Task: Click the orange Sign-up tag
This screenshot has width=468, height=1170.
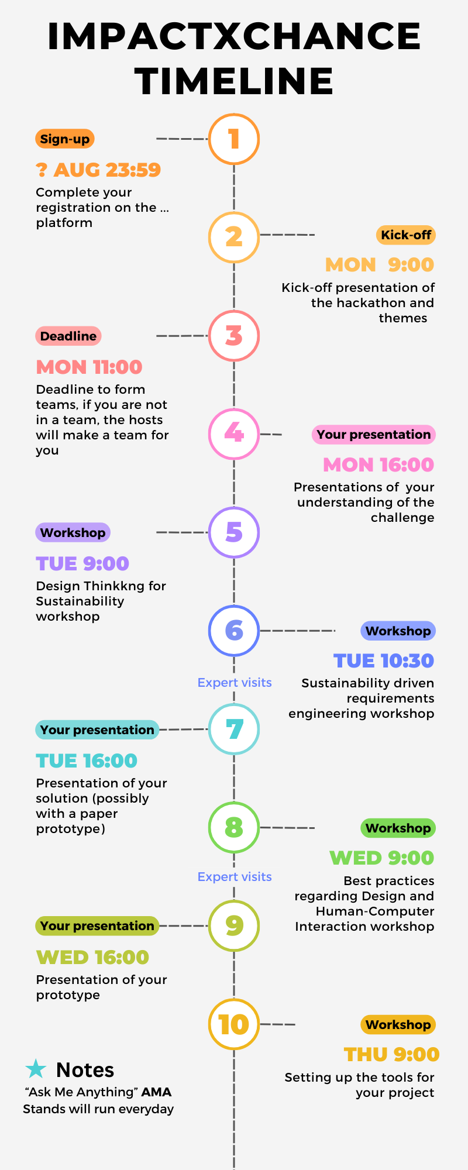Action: [65, 139]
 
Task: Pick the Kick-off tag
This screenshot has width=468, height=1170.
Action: [406, 235]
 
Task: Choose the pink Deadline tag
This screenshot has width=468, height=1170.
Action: [68, 336]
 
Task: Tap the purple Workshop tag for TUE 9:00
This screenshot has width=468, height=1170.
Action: [73, 532]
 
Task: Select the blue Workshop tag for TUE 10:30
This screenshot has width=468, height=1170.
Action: [398, 631]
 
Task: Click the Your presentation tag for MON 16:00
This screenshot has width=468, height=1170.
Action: [374, 435]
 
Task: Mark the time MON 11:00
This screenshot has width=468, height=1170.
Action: [89, 367]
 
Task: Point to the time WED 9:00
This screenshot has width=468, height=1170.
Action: [382, 858]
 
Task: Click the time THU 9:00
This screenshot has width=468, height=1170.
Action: [392, 1054]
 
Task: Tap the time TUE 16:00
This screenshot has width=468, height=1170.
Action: [87, 760]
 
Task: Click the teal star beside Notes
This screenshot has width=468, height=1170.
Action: [36, 1069]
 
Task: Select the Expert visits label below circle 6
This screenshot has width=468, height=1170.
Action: [235, 683]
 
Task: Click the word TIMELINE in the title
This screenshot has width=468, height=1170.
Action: [234, 81]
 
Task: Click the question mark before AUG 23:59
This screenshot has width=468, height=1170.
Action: [41, 170]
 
